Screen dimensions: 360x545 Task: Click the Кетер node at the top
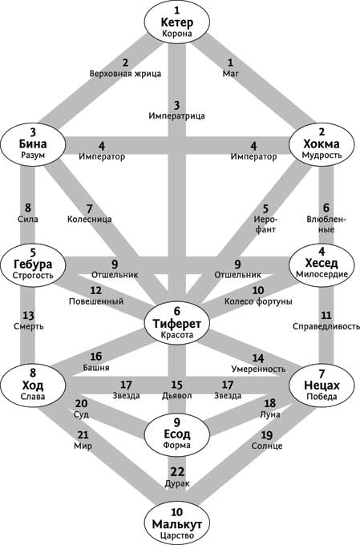pos(176,22)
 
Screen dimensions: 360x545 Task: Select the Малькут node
pos(176,523)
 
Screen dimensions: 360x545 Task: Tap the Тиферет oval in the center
pos(176,323)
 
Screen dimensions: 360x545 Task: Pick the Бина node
pos(33,143)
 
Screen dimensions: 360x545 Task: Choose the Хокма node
pos(322,143)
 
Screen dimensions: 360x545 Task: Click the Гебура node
pos(33,264)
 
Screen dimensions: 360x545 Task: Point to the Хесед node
pos(322,264)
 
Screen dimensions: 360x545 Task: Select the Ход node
pos(33,386)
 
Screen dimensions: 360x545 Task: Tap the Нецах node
pos(322,386)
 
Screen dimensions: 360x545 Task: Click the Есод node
pos(176,434)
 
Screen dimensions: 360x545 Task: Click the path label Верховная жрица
pos(125,74)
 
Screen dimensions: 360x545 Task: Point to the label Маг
pos(231,74)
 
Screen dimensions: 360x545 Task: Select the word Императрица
pos(176,115)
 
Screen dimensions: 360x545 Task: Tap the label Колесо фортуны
pos(258,301)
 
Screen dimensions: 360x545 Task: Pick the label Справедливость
pos(326,326)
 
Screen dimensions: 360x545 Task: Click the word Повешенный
pos(96,301)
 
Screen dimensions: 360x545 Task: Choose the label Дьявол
pos(176,396)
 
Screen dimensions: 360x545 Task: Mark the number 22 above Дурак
pos(177,472)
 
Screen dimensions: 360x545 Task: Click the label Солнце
pos(267,446)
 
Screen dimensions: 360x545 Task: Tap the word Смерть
pos(29,326)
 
